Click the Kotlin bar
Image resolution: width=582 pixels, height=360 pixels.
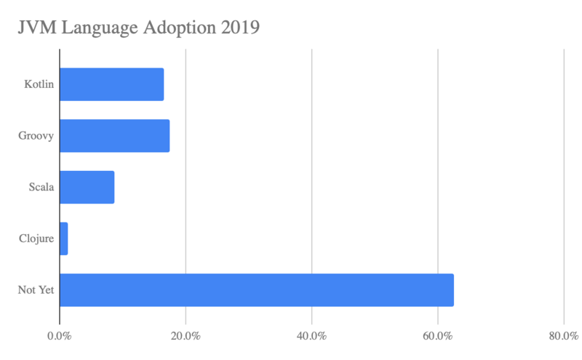coord(111,84)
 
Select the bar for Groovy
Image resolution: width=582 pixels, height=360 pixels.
coord(114,136)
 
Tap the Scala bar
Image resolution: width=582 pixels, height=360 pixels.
coord(87,187)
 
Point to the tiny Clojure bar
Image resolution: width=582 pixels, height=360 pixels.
coord(63,239)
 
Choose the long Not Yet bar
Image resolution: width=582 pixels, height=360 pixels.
coord(256,290)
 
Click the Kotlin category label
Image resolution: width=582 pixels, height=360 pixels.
coord(39,84)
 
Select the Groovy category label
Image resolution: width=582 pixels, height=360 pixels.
coord(36,136)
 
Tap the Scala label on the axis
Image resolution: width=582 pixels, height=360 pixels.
coord(41,188)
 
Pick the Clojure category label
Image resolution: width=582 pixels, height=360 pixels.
coord(37,239)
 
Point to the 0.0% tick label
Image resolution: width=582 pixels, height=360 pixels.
coord(59,337)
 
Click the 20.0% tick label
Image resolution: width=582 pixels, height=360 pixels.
coord(186,337)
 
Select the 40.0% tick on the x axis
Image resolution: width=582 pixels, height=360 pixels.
coord(311,337)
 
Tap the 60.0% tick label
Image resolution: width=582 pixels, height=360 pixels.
coord(438,337)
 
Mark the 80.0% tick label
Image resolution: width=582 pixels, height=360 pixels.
coord(564,337)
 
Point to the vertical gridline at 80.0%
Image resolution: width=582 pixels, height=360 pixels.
coord(565,182)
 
